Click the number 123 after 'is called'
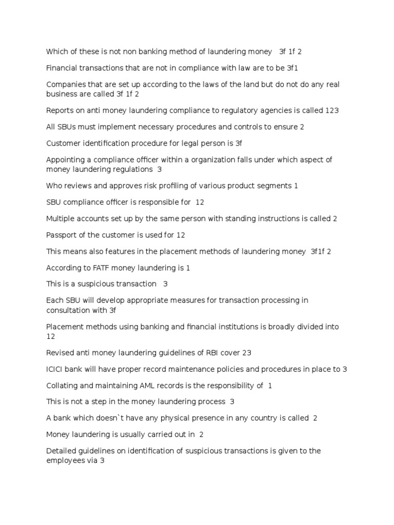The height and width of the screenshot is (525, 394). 332,110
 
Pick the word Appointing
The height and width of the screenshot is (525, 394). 66,160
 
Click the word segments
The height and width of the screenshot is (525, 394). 275,186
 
